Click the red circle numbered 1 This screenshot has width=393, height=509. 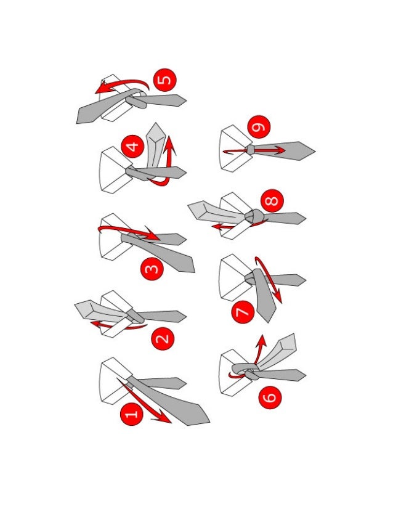(131, 414)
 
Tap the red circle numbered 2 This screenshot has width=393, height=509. (163, 338)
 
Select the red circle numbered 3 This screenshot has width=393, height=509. (152, 269)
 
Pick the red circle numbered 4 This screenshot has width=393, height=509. (132, 147)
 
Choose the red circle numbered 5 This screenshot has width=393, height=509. (164, 80)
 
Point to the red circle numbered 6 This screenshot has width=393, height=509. (270, 397)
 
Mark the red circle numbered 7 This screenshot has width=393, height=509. (243, 312)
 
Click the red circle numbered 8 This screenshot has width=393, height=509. (272, 201)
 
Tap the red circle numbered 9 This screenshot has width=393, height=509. (259, 126)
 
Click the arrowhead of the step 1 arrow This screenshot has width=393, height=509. (164, 417)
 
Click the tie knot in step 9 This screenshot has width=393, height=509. (250, 150)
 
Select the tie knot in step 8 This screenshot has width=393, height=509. (254, 216)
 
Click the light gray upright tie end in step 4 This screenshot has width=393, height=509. (156, 145)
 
